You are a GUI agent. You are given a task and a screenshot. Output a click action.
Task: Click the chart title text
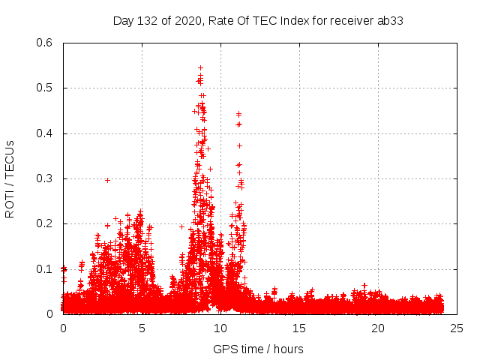[258, 20]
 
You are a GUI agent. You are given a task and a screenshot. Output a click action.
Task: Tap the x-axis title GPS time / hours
[258, 349]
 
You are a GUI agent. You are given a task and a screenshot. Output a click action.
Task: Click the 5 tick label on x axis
[142, 328]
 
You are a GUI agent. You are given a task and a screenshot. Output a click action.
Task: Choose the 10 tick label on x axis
[220, 328]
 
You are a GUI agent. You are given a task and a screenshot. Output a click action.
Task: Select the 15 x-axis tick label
[299, 328]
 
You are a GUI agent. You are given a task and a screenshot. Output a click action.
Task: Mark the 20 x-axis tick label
[378, 328]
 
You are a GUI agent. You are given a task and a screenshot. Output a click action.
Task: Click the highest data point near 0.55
[200, 67]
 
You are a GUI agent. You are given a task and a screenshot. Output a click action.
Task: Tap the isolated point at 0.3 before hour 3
[107, 180]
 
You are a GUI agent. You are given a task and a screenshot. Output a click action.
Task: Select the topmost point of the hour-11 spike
[238, 114]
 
